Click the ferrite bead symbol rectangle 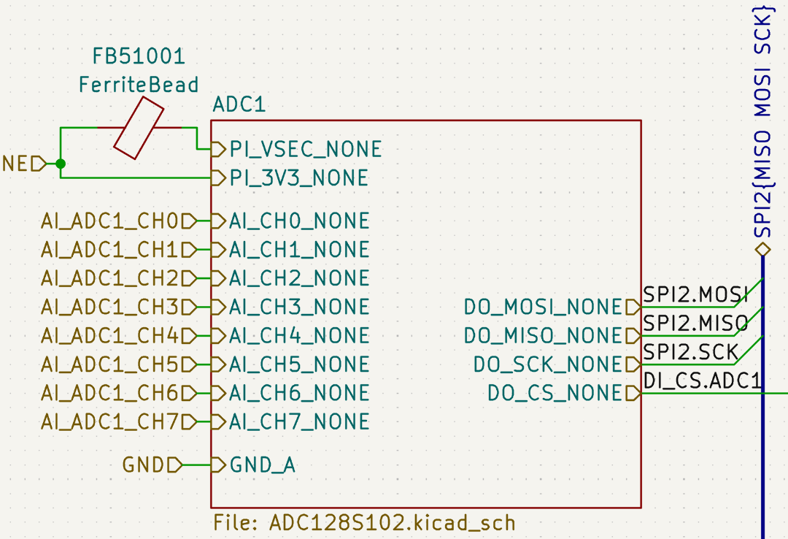(x=138, y=129)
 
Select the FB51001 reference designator (x=138, y=56)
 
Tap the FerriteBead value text (x=138, y=85)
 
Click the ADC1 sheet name (x=239, y=104)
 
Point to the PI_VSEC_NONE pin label (x=306, y=150)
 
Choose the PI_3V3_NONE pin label (x=298, y=178)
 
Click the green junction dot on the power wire (x=61, y=164)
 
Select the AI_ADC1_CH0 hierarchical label (x=110, y=221)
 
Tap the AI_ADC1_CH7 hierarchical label (x=110, y=421)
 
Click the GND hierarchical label (x=144, y=465)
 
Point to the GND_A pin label (x=263, y=465)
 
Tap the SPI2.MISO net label (x=695, y=323)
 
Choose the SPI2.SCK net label (x=690, y=352)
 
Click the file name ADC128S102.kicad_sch (x=365, y=523)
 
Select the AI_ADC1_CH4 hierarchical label (x=110, y=336)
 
